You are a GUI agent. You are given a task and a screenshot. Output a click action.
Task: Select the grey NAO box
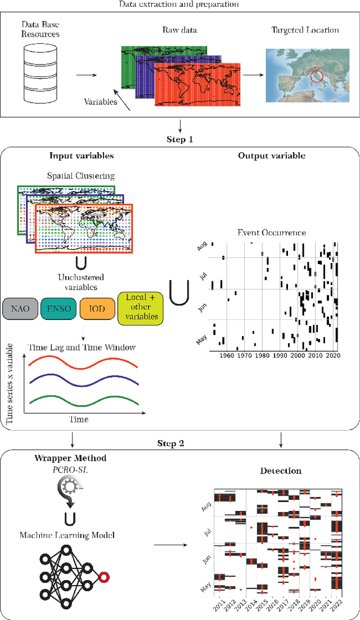click(20, 308)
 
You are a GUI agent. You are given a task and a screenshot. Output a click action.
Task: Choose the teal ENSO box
click(56, 308)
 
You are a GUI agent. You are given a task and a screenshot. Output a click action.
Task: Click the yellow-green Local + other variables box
click(138, 308)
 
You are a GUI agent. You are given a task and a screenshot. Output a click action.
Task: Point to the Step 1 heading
click(180, 139)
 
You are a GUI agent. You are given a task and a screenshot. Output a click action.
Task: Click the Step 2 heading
click(180, 444)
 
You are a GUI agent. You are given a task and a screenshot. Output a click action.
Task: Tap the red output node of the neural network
click(104, 576)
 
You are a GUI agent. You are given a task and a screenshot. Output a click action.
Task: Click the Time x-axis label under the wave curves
click(78, 419)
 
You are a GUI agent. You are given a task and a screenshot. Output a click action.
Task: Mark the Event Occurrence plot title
click(272, 232)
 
